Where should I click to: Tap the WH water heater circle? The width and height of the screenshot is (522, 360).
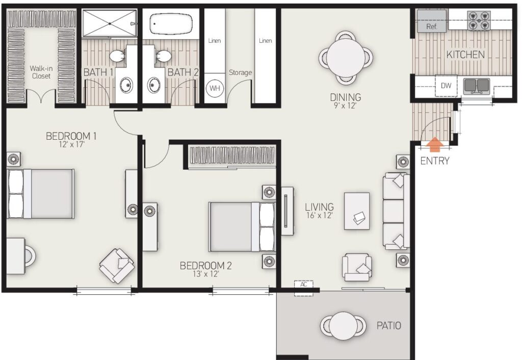[x=215, y=88]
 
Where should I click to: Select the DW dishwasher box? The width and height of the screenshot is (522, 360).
[x=446, y=86]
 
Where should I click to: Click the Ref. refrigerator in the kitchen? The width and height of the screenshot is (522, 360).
[x=431, y=20]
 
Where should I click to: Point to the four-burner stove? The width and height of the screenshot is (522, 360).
[x=479, y=20]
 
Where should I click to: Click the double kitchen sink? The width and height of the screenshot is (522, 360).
[x=477, y=86]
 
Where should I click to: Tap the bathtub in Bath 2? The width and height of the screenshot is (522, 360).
[x=171, y=23]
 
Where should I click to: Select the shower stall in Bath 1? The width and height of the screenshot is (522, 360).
[x=109, y=22]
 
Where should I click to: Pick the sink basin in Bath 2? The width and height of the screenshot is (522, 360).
[x=153, y=85]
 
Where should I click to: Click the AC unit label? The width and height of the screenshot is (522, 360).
[x=303, y=285]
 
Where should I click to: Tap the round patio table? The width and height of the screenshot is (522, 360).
[x=343, y=325]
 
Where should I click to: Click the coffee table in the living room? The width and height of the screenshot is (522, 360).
[x=356, y=211]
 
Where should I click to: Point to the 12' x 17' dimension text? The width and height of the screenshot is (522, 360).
[x=71, y=144]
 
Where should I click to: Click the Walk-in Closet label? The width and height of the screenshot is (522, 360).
[x=41, y=72]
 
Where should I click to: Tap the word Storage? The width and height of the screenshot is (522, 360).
[x=241, y=72]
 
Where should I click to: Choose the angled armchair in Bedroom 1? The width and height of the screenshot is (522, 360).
[x=117, y=266]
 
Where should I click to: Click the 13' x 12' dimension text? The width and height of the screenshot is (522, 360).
[x=206, y=274]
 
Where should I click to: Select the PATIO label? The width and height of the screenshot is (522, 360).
[x=389, y=325]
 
